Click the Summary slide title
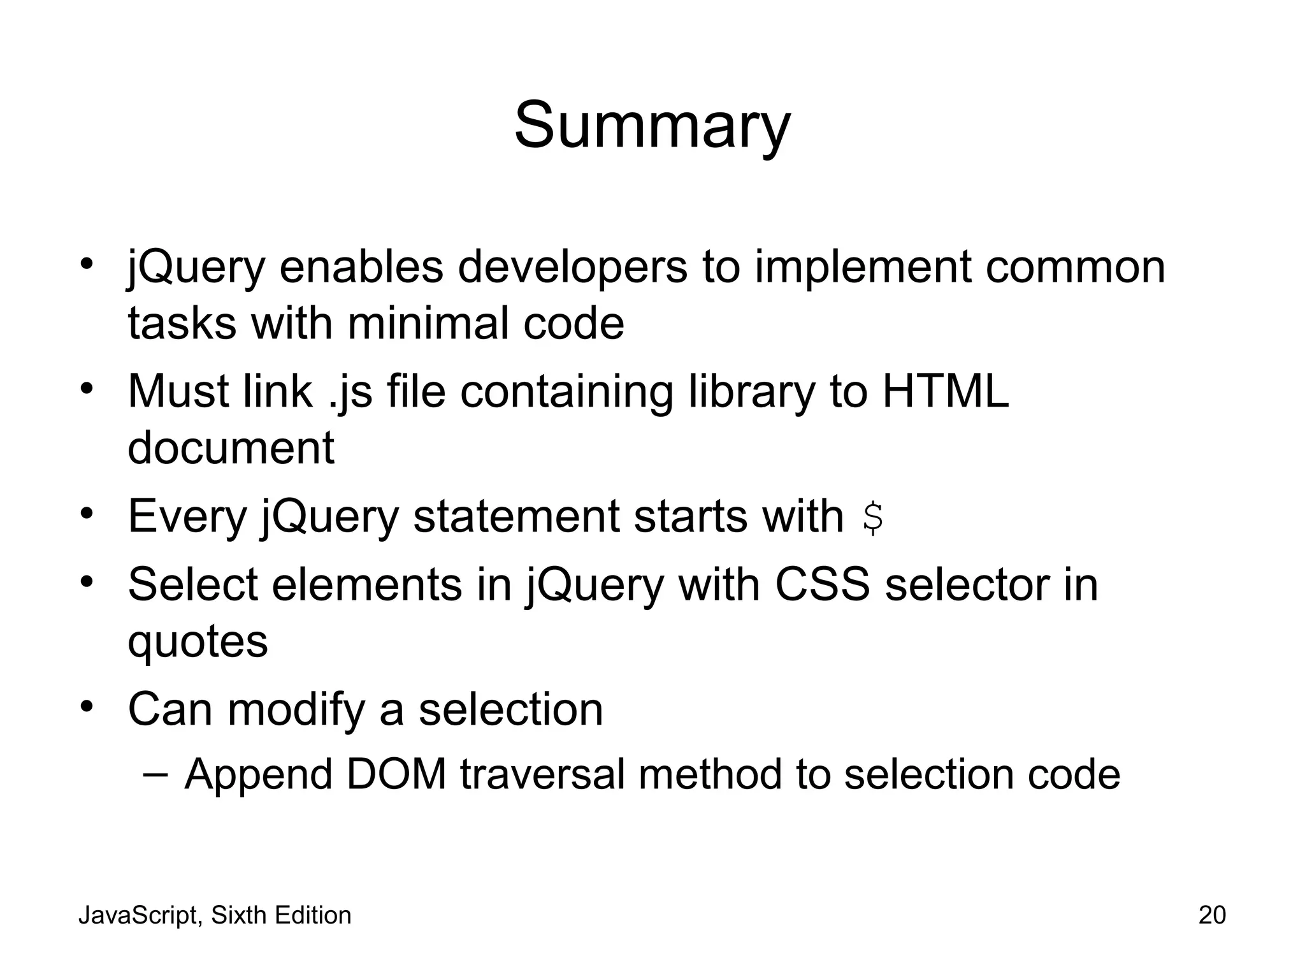[x=652, y=126]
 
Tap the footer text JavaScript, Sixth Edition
[x=215, y=915]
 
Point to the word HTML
[x=945, y=391]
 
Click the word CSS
[x=822, y=584]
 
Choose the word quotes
[x=198, y=642]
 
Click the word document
[x=231, y=447]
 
